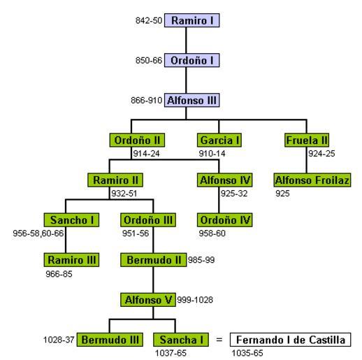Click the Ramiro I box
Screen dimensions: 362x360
click(191, 20)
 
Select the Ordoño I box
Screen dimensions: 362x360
click(191, 60)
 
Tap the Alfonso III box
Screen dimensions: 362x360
click(191, 101)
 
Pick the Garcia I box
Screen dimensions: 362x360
click(219, 140)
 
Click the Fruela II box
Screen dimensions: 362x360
click(307, 140)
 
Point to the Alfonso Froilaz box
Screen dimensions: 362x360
click(312, 180)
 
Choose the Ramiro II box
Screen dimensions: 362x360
click(115, 180)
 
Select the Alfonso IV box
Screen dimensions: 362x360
click(224, 180)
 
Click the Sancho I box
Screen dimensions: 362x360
click(71, 220)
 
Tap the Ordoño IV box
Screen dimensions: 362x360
click(224, 220)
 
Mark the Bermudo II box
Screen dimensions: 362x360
click(153, 260)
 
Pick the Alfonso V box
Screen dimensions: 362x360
click(148, 300)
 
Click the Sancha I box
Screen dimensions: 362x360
click(181, 340)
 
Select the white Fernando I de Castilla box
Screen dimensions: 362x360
click(290, 340)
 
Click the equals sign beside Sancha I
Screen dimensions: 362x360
click(219, 340)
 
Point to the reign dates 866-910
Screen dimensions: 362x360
click(146, 101)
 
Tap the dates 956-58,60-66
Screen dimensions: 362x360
click(38, 233)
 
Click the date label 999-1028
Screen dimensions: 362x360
click(195, 300)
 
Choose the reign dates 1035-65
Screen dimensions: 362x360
click(247, 353)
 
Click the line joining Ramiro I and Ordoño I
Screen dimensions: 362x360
click(186, 41)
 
